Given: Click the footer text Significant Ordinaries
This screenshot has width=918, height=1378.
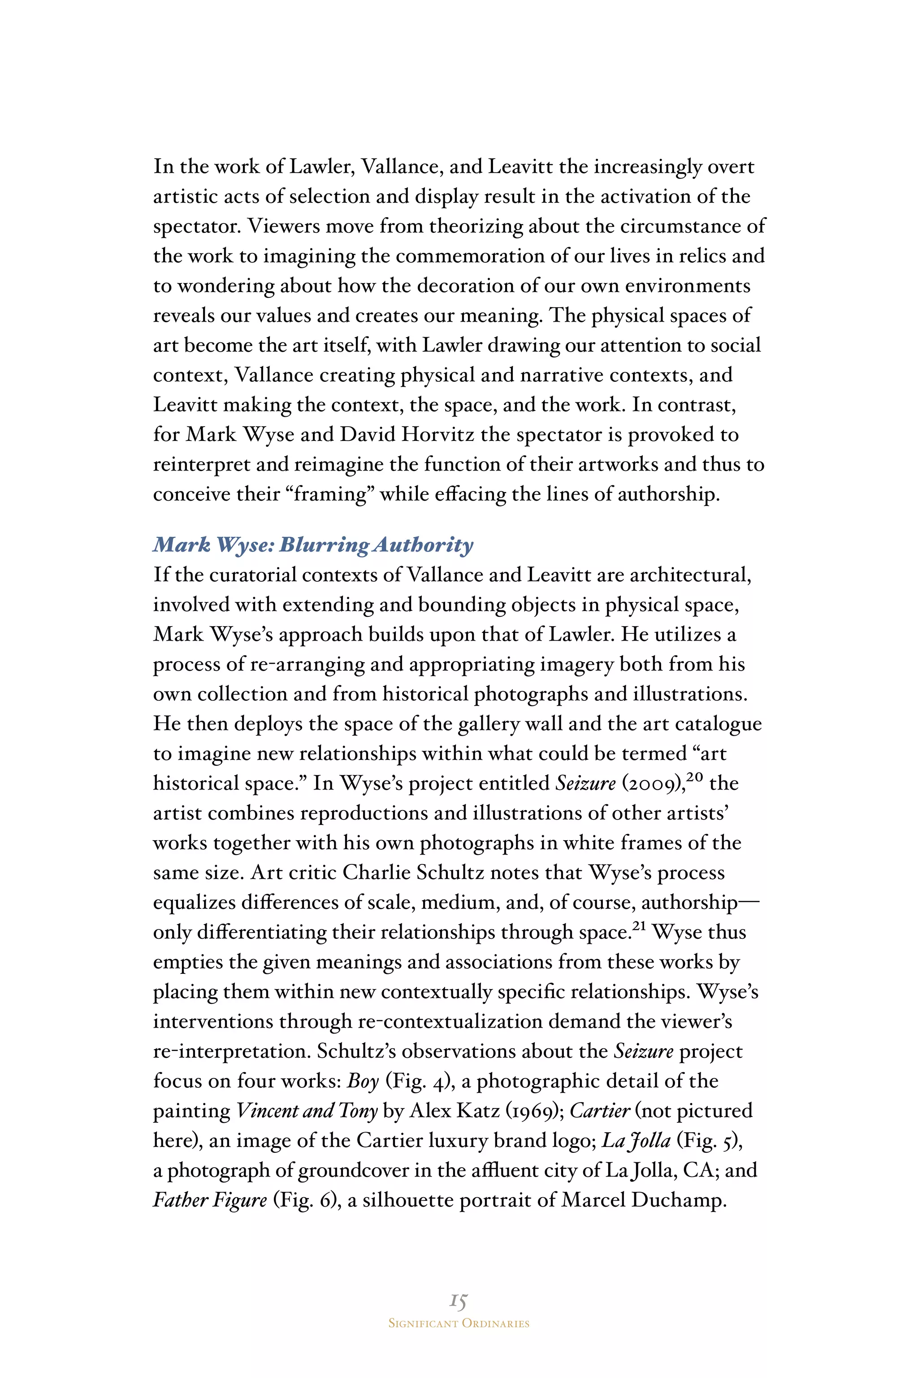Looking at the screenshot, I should coord(459,1324).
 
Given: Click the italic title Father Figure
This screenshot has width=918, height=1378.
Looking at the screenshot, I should coord(210,1200).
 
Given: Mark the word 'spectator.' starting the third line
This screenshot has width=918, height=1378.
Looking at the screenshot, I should coord(197,227).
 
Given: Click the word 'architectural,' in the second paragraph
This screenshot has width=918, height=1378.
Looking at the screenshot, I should coord(690,575).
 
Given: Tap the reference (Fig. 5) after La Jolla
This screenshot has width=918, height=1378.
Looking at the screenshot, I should coord(710,1141).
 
